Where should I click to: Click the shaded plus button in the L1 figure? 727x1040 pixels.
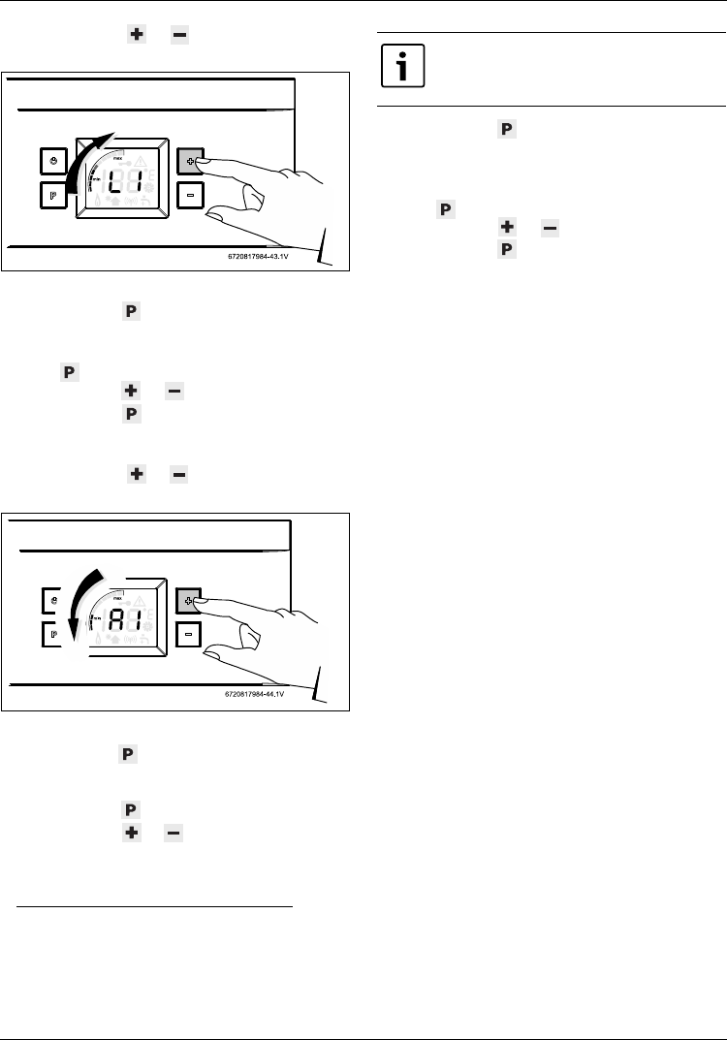click(190, 159)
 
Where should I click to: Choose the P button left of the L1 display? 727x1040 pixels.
click(53, 194)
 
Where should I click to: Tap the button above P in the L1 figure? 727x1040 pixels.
click(53, 160)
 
